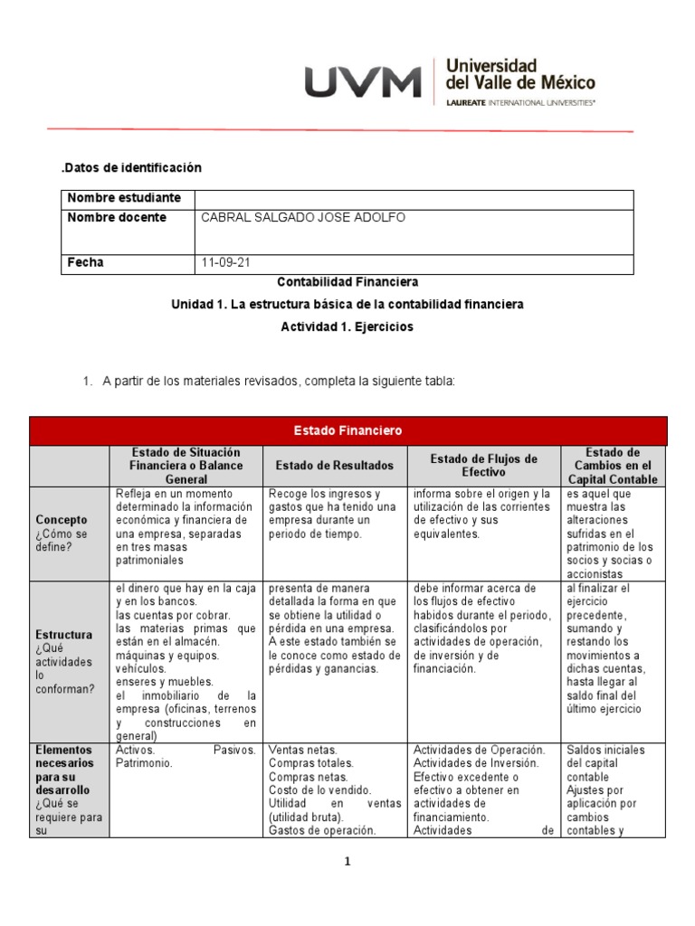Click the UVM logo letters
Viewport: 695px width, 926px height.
(x=362, y=83)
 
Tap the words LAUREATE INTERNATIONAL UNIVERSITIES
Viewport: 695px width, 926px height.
(x=521, y=103)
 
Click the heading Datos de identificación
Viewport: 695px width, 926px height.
(x=131, y=167)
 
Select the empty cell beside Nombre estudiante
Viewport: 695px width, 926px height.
(x=414, y=198)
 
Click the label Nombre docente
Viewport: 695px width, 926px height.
(x=117, y=218)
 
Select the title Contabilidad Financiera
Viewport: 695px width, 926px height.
(x=347, y=283)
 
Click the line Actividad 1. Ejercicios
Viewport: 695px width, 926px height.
(x=347, y=327)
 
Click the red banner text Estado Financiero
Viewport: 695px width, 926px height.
(x=347, y=430)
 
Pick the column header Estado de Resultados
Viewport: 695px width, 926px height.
(x=335, y=466)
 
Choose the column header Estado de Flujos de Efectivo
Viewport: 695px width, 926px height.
(x=484, y=466)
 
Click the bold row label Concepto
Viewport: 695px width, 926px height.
(x=62, y=520)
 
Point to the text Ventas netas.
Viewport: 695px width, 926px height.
(x=303, y=751)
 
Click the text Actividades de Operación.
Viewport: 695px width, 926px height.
(x=479, y=751)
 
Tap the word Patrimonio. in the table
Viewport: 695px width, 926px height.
(x=144, y=763)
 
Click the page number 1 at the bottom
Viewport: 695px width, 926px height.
(x=347, y=862)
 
